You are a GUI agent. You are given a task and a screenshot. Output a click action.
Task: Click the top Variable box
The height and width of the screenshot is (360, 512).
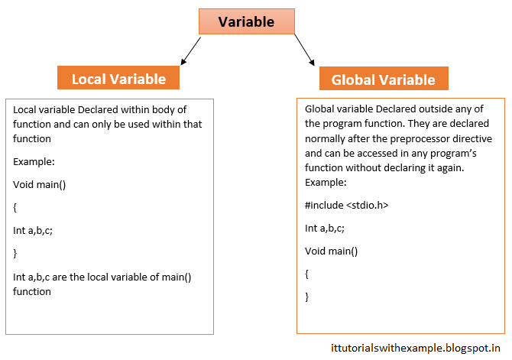[246, 22]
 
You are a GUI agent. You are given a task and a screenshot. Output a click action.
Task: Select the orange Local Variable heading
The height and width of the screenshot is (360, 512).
[118, 79]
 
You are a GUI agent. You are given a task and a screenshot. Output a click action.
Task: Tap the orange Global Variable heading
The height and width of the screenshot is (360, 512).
[383, 79]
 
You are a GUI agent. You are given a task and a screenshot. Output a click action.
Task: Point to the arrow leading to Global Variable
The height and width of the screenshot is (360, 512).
[303, 50]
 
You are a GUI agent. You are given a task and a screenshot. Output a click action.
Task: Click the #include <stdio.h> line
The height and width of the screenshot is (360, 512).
[341, 206]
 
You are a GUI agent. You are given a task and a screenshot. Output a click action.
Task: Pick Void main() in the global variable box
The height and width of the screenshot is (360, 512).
[332, 251]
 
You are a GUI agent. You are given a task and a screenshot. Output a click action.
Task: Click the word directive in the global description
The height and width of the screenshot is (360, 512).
[468, 139]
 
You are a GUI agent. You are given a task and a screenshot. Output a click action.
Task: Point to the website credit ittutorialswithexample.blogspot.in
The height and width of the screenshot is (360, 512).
[413, 349]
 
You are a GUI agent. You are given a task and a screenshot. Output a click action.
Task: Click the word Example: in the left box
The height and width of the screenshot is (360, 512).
[34, 162]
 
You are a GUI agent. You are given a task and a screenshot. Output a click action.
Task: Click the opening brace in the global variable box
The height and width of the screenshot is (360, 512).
[307, 274]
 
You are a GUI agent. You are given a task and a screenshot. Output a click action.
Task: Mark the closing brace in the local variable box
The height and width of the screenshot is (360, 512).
[15, 252]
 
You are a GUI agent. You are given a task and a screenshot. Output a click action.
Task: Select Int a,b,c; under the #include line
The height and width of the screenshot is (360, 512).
[324, 229]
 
